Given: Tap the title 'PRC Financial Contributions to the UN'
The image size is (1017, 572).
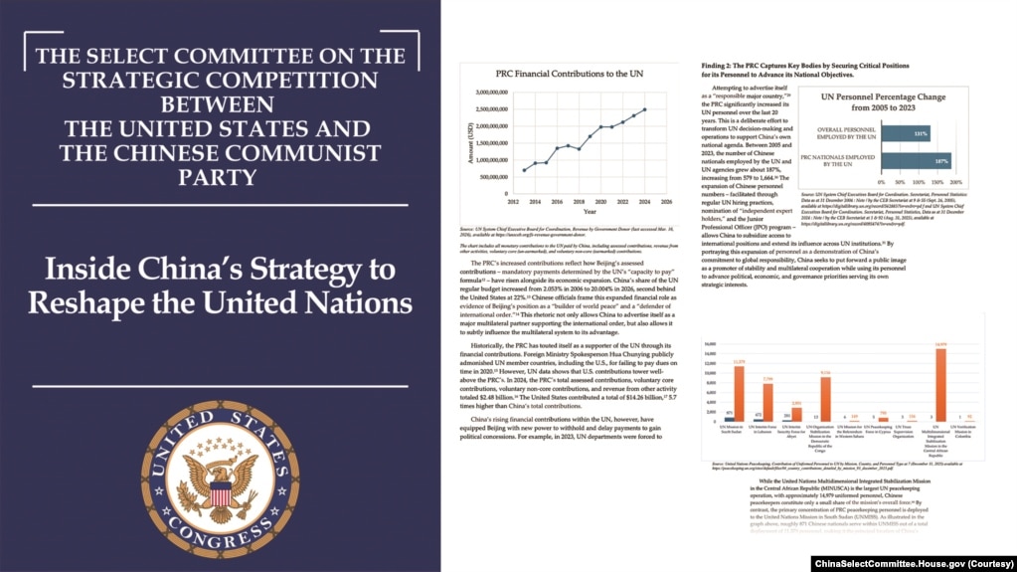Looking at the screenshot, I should click(564, 74).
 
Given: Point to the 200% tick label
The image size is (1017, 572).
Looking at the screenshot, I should click(957, 183).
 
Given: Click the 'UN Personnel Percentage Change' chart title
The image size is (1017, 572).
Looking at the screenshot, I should click(883, 104).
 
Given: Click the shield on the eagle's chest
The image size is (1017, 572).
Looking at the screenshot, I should click(220, 490).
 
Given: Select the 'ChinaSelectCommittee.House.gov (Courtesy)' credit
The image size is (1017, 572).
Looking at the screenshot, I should click(914, 563).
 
